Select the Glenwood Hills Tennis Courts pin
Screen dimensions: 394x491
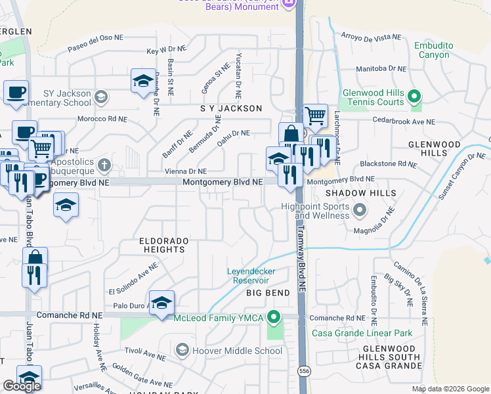pos(414,98)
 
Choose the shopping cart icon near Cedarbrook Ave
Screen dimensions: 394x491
pos(316,117)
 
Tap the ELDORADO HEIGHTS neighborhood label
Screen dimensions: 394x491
pos(163,245)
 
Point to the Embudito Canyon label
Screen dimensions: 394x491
pos(432,50)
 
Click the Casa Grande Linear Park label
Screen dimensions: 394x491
pos(363,333)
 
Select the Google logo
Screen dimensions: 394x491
pos(22,386)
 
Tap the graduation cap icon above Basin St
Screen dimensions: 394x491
pos(142,81)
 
